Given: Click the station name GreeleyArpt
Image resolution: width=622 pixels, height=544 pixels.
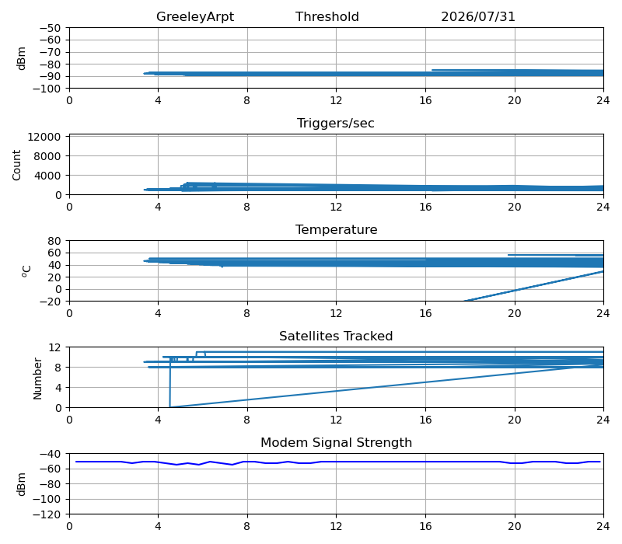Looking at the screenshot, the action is [x=195, y=17].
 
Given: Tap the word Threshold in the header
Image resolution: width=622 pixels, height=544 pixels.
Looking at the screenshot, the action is [x=327, y=16].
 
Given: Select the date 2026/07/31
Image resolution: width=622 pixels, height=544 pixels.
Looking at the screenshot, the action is [x=478, y=16].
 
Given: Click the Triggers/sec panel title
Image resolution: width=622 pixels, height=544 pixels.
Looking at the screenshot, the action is [x=336, y=124].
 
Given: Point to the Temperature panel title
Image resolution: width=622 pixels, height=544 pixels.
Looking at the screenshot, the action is [x=336, y=230].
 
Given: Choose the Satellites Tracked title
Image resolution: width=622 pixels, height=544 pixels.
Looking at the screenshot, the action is [x=336, y=337].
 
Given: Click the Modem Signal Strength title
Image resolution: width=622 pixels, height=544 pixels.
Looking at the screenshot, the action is [x=336, y=442].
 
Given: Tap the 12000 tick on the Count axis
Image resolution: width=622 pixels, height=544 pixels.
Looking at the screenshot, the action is [x=44, y=138].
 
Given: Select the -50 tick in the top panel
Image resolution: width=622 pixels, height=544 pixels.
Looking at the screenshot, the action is [x=50, y=28].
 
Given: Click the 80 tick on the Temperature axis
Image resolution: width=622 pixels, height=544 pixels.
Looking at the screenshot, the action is [x=54, y=241].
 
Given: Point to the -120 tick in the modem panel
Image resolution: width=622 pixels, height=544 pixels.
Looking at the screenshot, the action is [x=47, y=514].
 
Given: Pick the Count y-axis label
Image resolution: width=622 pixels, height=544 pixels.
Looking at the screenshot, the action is [x=16, y=165].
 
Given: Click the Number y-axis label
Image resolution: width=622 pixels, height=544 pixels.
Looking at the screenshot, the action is [x=37, y=378].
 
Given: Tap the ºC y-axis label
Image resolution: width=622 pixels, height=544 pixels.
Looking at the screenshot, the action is [x=26, y=271].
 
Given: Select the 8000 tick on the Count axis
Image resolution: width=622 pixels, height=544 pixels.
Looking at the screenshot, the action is [x=47, y=157].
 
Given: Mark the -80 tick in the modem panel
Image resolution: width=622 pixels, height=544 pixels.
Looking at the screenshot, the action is [x=50, y=484].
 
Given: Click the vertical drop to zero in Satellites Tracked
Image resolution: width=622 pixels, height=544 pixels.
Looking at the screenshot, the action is [x=170, y=382].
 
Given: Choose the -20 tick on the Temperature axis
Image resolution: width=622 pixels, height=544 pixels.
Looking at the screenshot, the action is [x=50, y=302].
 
